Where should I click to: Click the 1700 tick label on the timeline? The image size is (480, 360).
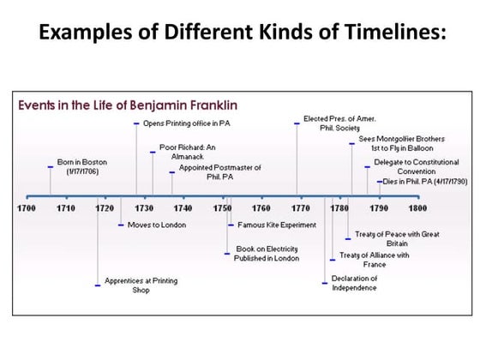tap(26, 208)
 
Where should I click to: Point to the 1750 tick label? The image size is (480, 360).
tap(222, 208)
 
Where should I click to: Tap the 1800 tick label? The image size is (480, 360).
tap(417, 208)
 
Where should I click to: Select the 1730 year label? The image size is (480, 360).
tap(143, 208)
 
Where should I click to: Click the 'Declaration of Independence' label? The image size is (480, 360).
tap(354, 283)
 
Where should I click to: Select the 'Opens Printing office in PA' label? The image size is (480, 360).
tap(187, 123)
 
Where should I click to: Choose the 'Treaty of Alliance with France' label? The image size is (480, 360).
tap(374, 260)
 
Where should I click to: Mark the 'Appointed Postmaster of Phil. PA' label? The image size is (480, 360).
tap(219, 172)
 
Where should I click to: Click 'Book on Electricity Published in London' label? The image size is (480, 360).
tap(267, 255)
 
